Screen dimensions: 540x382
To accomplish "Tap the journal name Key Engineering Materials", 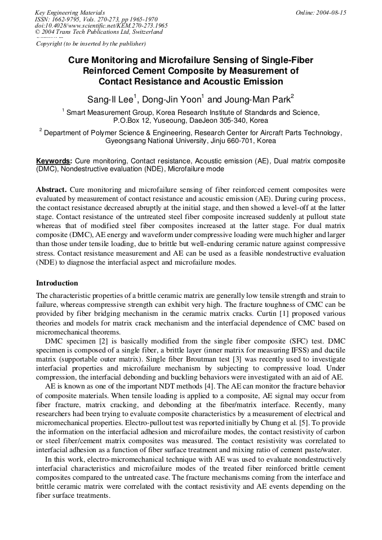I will tap(69, 12).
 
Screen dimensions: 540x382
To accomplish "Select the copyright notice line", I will tap(91, 43).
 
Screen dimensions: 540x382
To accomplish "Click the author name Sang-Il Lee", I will tap(110, 100).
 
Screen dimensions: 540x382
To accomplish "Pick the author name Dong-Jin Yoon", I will tap(171, 100).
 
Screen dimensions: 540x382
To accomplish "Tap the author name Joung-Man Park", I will tap(259, 100).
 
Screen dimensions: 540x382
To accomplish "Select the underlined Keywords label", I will tap(54, 161).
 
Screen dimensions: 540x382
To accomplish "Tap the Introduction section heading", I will tap(57, 283).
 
